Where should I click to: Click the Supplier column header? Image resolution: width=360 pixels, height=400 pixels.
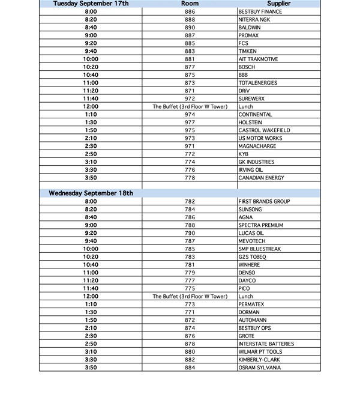tap(278, 4)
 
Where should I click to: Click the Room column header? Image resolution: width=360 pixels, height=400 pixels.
tap(190, 4)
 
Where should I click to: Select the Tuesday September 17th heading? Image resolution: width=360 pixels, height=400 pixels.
tap(91, 4)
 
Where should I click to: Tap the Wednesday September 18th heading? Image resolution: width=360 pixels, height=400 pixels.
tap(91, 193)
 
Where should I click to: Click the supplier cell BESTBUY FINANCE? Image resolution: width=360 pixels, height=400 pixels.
tap(260, 12)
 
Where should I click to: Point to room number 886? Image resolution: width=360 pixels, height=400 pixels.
tap(190, 12)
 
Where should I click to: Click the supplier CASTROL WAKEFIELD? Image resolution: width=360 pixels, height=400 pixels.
tap(264, 130)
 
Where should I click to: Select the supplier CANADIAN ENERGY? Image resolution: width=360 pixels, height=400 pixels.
tap(261, 178)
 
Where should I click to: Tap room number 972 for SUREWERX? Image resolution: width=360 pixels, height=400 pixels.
tap(190, 98)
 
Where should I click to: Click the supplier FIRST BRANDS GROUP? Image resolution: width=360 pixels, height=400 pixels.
tap(265, 201)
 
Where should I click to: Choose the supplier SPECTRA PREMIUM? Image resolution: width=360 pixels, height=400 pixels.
tap(261, 225)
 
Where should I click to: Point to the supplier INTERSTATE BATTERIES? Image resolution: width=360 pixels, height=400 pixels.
tap(266, 344)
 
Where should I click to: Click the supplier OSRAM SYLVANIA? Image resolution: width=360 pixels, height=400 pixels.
tap(259, 368)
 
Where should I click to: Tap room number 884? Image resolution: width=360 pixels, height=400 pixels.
tap(190, 368)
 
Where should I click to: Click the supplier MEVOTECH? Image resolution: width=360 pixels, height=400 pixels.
tap(251, 241)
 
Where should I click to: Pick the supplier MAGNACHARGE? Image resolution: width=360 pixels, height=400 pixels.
tap(256, 146)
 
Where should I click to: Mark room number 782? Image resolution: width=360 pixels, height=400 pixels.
tap(190, 201)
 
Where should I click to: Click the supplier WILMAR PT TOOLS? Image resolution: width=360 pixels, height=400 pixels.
tap(261, 351)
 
